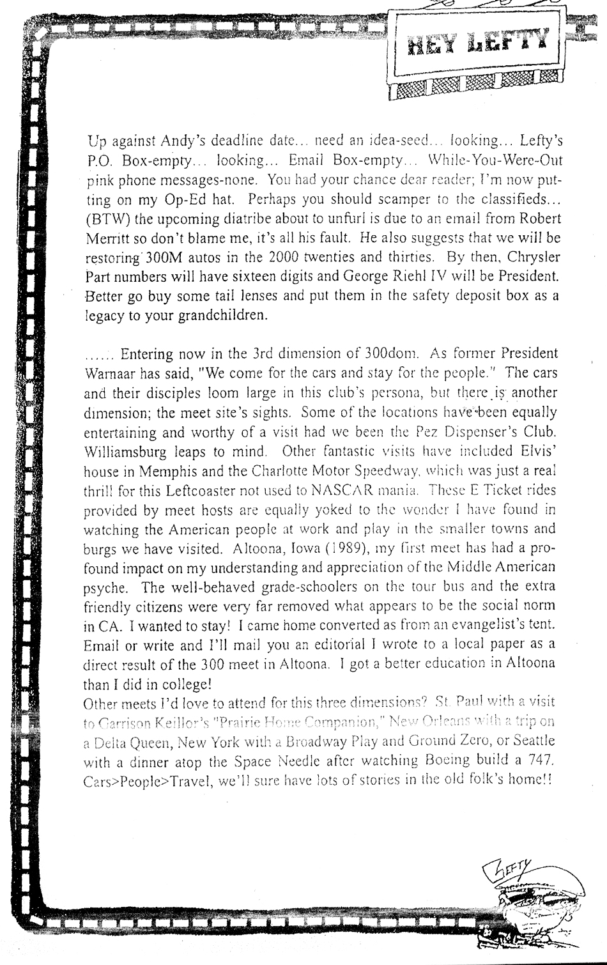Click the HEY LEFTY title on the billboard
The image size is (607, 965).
tap(477, 42)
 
